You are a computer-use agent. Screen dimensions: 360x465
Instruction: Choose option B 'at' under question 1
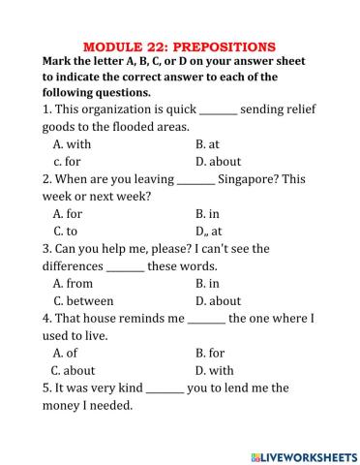point(207,144)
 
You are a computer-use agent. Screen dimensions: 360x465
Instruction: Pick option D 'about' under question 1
point(218,162)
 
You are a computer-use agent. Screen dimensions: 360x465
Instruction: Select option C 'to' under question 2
point(65,232)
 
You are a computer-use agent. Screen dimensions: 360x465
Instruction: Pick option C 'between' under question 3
point(83,301)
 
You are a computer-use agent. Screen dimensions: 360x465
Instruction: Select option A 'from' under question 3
point(73,284)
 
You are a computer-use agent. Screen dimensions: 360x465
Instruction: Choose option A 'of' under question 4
point(65,353)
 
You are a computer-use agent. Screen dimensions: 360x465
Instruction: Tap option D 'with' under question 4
point(214,370)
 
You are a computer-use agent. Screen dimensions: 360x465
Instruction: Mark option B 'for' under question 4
point(210,353)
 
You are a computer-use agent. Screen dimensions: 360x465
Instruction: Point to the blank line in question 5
point(165,389)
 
